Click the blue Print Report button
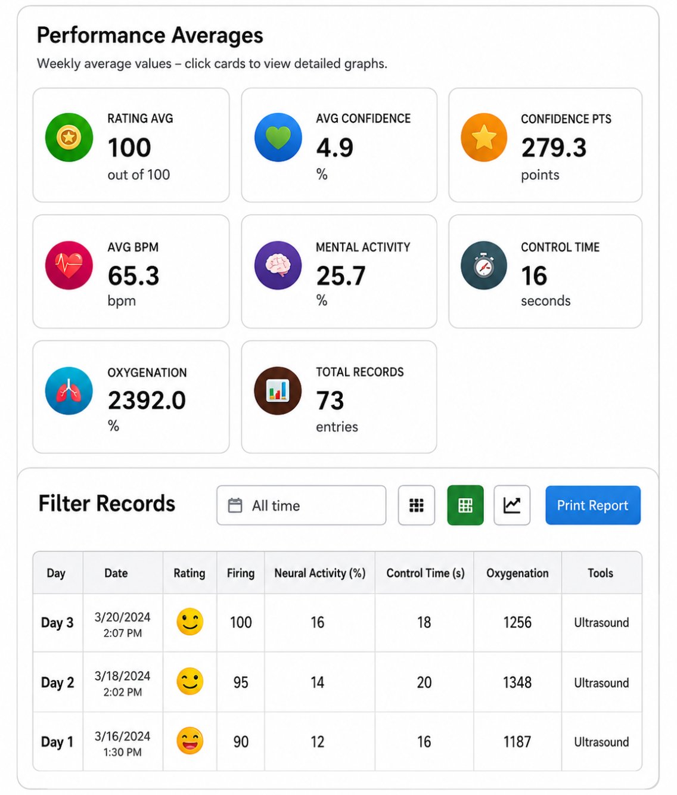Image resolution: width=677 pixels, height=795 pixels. coord(592,505)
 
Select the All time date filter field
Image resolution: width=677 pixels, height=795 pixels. coord(301,505)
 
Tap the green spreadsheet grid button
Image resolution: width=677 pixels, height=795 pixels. coord(465,505)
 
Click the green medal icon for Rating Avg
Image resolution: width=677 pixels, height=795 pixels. coord(69,137)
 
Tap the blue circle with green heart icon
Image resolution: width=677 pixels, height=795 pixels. coord(278,137)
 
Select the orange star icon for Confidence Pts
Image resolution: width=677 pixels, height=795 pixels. coord(484,137)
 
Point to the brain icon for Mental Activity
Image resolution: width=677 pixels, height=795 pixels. coord(278,265)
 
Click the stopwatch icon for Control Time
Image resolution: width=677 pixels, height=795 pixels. coord(484,265)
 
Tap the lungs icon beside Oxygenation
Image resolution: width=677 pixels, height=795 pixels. coord(69,391)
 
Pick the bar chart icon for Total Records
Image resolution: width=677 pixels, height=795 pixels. coord(278,391)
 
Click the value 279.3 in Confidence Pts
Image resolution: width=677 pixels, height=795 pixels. coord(554,148)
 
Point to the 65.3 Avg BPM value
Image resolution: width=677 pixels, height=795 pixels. coord(133,275)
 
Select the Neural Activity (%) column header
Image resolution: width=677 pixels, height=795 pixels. coord(319,573)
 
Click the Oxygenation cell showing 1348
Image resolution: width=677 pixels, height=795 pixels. coord(517,682)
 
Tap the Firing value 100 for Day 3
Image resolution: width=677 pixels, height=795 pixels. coord(241,622)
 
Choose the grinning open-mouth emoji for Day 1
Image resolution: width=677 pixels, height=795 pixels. coord(190,740)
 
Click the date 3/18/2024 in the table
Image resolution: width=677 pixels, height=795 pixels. coord(122,676)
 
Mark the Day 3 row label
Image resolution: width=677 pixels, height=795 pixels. coord(57,622)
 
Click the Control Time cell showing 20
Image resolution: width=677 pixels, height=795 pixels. coord(424,682)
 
